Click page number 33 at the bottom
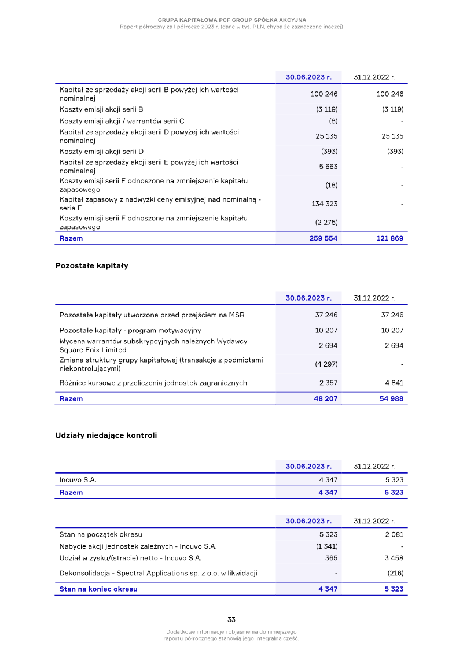231,619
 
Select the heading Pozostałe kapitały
91,266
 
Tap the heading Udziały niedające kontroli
106,435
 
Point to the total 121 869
389,238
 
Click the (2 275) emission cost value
326,223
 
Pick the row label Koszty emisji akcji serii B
101,109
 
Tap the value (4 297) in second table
326,364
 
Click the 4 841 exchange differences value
394,383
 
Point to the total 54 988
392,398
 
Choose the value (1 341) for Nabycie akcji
326,546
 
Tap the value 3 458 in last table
394,558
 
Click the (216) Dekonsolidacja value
395,573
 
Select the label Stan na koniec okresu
98,589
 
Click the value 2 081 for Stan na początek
394,534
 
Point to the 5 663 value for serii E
328,167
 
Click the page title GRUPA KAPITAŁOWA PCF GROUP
231,20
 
